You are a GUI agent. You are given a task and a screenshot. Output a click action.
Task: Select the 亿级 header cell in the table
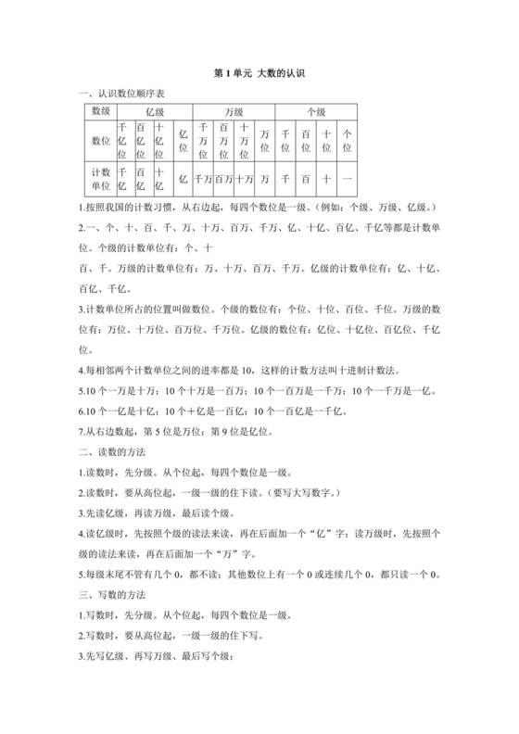pos(154,112)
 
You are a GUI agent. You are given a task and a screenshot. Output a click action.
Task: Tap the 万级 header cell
pos(234,112)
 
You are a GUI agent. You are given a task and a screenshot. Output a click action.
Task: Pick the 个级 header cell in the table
pos(316,112)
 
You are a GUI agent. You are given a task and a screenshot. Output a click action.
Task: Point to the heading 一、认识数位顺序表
pos(133,93)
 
